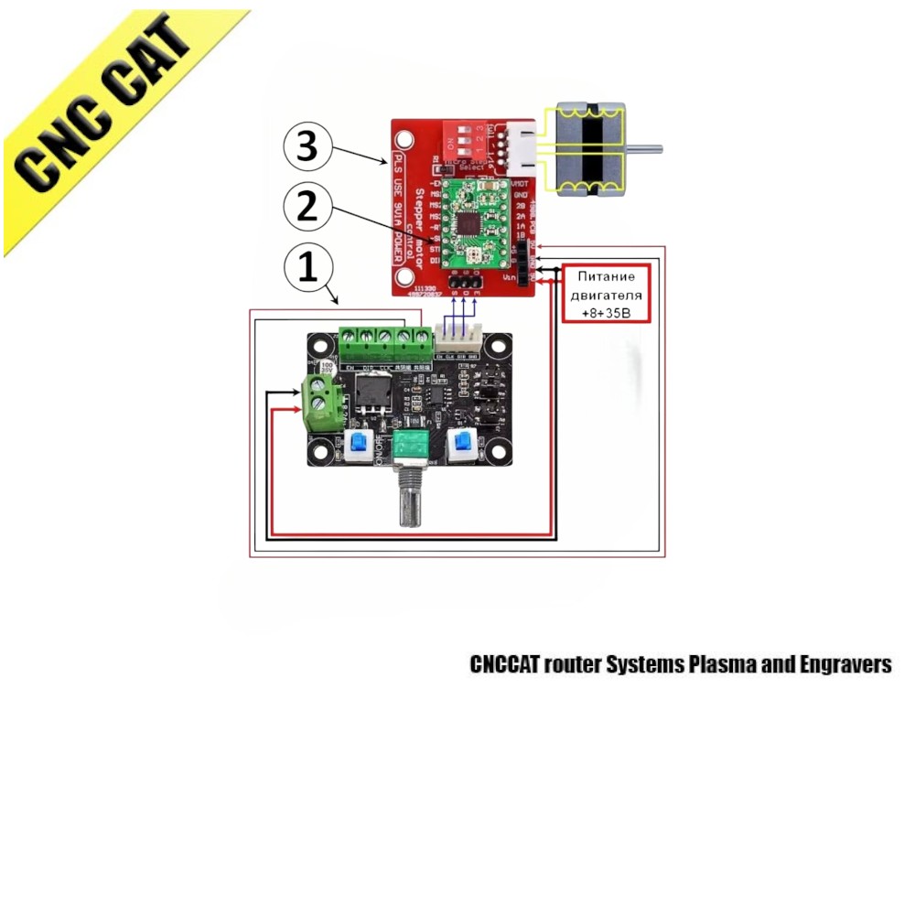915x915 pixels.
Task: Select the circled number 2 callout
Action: click(x=308, y=208)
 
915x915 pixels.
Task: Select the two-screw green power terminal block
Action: click(x=322, y=398)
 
